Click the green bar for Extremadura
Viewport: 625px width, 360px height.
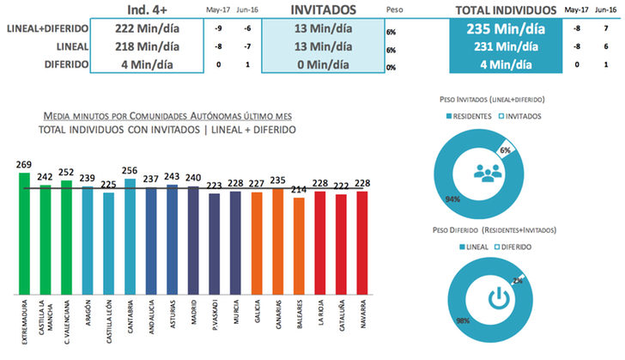(x=24, y=232)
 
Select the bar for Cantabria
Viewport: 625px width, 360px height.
(x=130, y=235)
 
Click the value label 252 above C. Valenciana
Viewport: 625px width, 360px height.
(x=66, y=172)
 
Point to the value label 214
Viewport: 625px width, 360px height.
(x=298, y=190)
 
